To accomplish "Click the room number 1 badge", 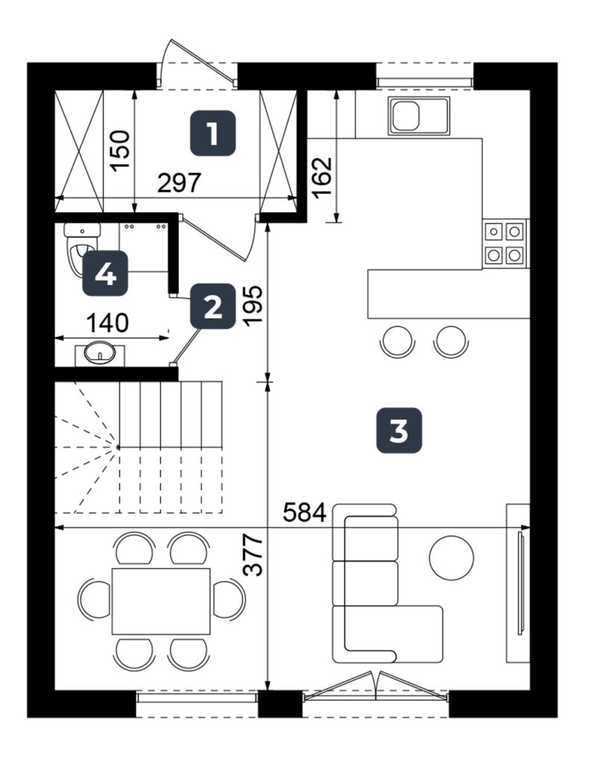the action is pos(212,133).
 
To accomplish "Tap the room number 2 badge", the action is pos(212,306).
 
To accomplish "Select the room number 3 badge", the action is pos(399,430).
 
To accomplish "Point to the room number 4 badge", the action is pos(105,273).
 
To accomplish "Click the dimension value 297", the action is pos(179,183).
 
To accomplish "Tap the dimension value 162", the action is pos(322,177).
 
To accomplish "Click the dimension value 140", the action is pos(107,323).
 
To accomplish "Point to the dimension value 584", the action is pos(305,513).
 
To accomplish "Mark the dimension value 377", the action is pos(253,555).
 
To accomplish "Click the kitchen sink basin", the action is pos(406,115).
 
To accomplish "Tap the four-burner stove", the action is pos(505,243).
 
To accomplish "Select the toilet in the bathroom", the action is pos(82,248).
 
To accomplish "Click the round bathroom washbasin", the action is pos(99,352).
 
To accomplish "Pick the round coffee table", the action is pos(451,557).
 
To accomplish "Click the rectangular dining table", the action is pos(161,601).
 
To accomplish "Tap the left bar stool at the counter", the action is pos(397,341).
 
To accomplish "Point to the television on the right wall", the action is pos(521,583).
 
